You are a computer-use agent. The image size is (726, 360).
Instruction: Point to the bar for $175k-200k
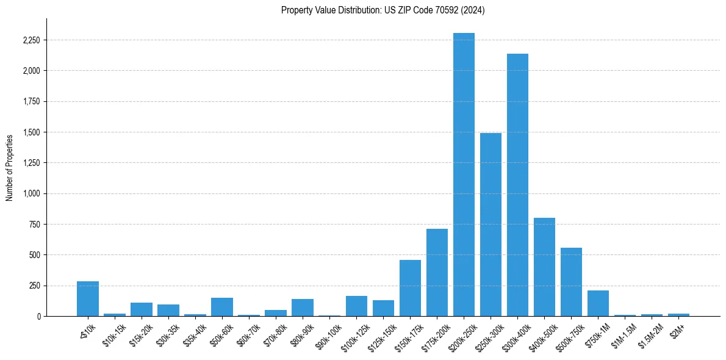pos(437,272)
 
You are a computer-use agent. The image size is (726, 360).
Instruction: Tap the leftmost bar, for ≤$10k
pos(88,299)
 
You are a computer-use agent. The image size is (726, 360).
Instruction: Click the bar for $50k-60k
pos(222,307)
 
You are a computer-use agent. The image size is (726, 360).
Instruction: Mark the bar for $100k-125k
pos(356,306)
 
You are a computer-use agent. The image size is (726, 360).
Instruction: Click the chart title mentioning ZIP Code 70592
pos(383,10)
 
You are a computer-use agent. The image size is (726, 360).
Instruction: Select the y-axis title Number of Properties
pos(10,167)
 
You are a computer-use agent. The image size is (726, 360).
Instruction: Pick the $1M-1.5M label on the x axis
pos(622,335)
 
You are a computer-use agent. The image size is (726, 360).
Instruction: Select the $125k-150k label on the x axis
pos(380,337)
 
